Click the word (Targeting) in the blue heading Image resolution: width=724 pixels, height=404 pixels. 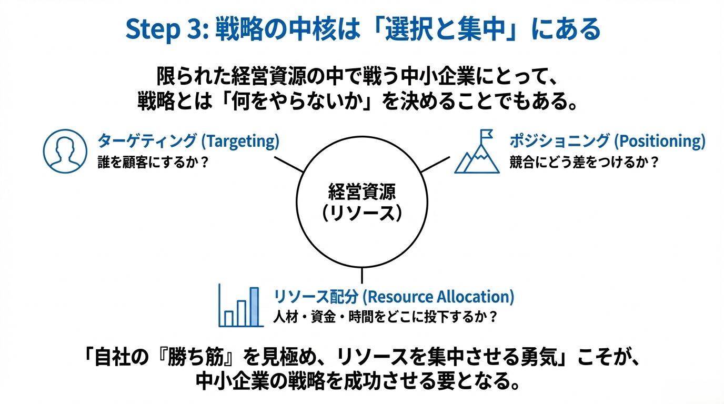(x=240, y=141)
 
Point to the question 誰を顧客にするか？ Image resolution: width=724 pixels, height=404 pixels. (x=153, y=162)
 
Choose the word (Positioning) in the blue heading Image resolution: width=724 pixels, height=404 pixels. (x=659, y=141)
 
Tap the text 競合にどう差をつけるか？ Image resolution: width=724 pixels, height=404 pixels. (x=584, y=162)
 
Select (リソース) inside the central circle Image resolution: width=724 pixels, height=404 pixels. (x=362, y=214)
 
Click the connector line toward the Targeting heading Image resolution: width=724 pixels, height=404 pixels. (x=289, y=164)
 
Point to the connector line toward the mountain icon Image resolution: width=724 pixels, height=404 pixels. (x=435, y=164)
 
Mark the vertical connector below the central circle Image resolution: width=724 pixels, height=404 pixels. (x=361, y=275)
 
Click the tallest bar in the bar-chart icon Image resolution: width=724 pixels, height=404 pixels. (x=255, y=306)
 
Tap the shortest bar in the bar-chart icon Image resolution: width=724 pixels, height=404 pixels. (x=228, y=318)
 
